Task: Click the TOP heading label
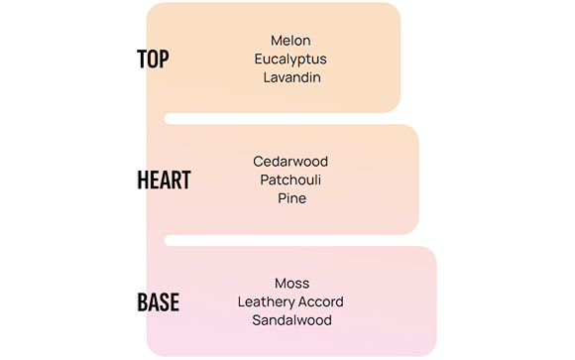[153, 59]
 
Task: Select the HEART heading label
[164, 180]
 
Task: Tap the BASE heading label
[158, 302]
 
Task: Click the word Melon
[290, 41]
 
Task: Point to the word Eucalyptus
[290, 60]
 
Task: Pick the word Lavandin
[291, 77]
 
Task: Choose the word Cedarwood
[290, 162]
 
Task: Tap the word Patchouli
[290, 180]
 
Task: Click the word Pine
[291, 198]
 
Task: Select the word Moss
[291, 284]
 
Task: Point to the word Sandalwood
[291, 320]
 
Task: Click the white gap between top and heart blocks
[283, 119]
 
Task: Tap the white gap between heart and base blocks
[291, 240]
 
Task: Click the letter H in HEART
[143, 180]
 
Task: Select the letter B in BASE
[143, 302]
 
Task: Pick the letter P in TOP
[164, 59]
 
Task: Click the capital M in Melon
[277, 41]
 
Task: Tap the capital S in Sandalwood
[257, 320]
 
